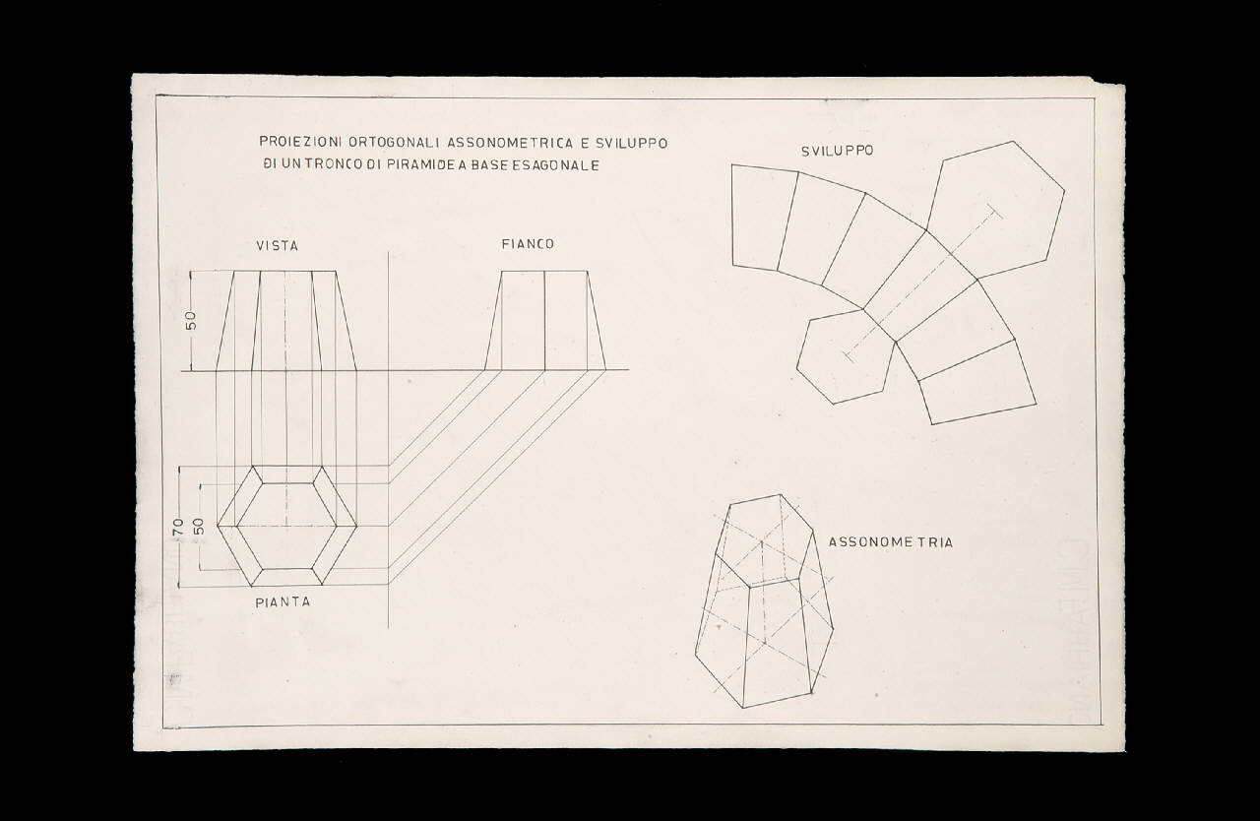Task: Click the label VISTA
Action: [x=278, y=246]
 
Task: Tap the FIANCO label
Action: [x=528, y=244]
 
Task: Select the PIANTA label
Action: [x=283, y=602]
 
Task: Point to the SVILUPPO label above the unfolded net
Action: [x=837, y=152]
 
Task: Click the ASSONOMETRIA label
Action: [x=891, y=542]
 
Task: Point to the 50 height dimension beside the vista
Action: [x=191, y=321]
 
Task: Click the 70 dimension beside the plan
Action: [x=178, y=527]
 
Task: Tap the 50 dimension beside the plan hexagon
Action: [x=199, y=526]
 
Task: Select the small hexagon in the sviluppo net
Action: [x=846, y=355]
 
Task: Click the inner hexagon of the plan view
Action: [x=286, y=527]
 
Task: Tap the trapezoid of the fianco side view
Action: [x=545, y=321]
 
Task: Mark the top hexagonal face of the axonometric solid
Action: [x=765, y=539]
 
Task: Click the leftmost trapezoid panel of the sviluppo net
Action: [x=765, y=218]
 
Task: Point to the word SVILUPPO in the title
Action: [x=632, y=144]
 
